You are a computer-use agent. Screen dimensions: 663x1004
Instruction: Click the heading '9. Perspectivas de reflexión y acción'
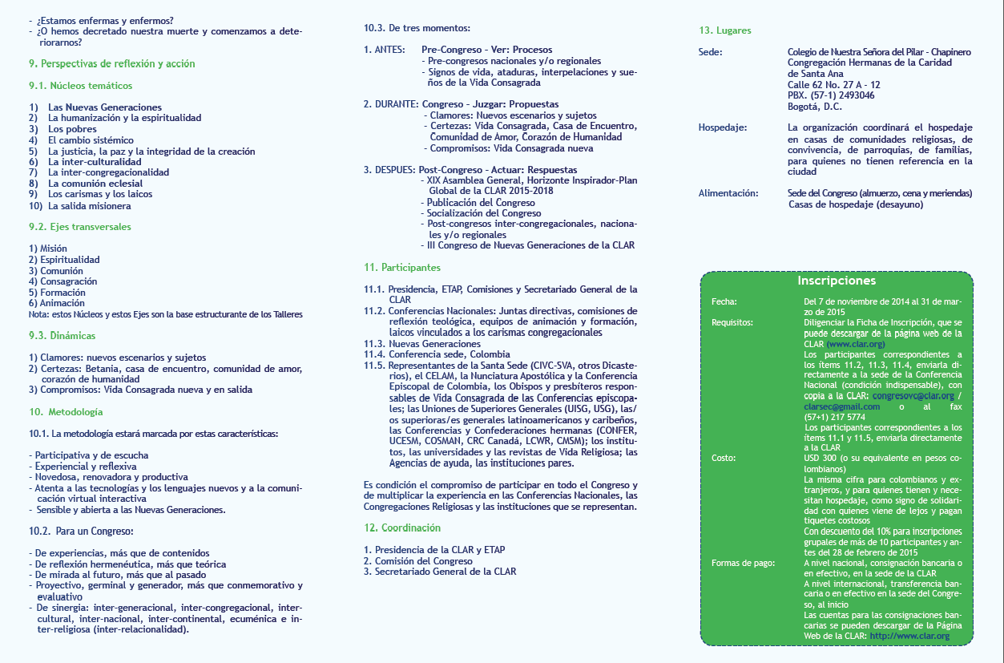(x=111, y=63)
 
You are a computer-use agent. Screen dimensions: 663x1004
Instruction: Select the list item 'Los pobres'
(x=72, y=129)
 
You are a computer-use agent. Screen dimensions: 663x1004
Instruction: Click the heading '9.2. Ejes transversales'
(x=79, y=227)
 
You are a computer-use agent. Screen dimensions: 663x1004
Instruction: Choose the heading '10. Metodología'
(x=66, y=412)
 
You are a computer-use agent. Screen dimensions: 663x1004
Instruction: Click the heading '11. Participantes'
(x=401, y=267)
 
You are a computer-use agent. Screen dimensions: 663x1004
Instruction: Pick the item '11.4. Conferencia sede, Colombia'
(x=437, y=354)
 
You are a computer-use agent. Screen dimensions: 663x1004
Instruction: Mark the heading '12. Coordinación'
(x=401, y=528)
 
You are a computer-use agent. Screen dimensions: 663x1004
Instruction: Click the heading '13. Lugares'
(x=725, y=30)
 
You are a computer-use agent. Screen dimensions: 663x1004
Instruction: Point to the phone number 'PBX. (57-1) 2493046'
(x=831, y=95)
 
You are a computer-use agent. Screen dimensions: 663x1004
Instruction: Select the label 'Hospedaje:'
(x=722, y=127)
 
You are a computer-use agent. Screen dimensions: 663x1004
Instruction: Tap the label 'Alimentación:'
(x=728, y=193)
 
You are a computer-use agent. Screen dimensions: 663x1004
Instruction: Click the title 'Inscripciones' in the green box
(x=837, y=281)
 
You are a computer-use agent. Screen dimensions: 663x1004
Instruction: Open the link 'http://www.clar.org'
(x=909, y=636)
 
